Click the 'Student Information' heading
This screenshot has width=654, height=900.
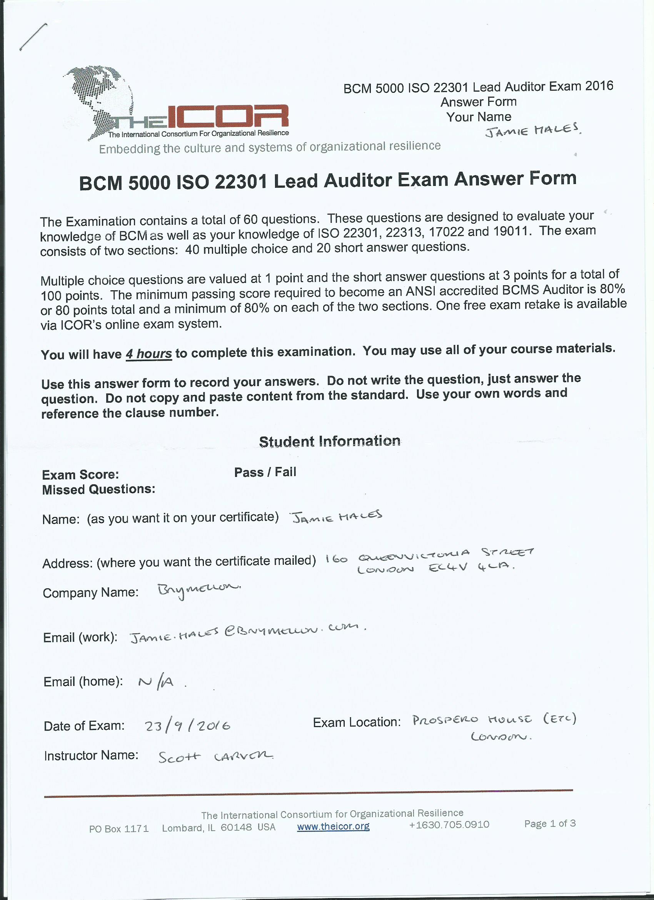[330, 441]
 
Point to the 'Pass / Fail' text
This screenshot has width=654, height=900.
[265, 472]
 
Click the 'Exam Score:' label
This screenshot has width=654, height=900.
[80, 475]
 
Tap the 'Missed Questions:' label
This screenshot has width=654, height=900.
[98, 489]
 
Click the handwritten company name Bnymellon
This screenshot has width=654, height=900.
[198, 590]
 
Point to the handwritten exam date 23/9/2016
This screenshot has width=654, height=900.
[187, 726]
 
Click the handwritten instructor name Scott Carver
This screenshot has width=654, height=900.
[215, 757]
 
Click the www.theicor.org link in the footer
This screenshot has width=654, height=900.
[333, 826]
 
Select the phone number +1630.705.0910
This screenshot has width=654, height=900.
[449, 825]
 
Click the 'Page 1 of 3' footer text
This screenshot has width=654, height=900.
[550, 823]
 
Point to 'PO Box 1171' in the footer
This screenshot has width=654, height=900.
[118, 828]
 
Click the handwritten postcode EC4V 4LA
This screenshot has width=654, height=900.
[471, 568]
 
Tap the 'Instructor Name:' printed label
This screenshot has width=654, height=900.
[91, 755]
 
